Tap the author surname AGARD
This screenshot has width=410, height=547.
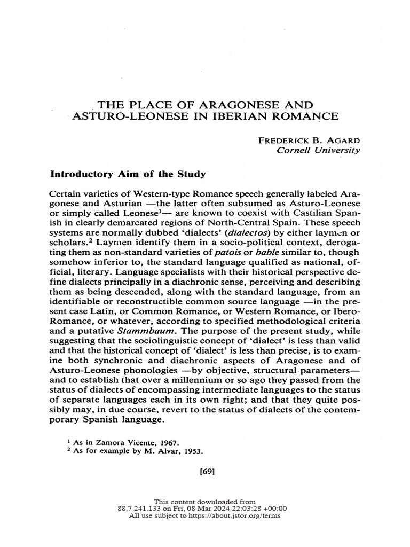[x=342, y=140]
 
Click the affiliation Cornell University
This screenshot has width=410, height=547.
[x=317, y=150]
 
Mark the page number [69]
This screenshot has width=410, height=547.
[x=205, y=472]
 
